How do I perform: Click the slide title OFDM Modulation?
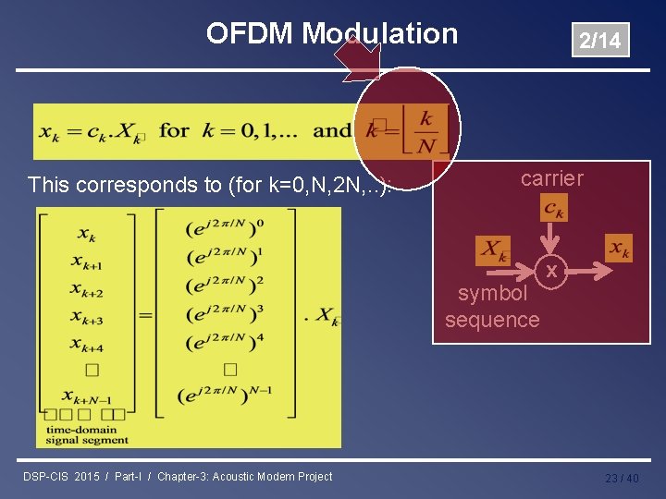point(331,34)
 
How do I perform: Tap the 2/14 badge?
point(599,40)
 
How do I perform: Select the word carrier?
point(552,178)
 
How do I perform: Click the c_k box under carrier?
point(554,208)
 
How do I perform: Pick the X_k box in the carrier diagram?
point(493,250)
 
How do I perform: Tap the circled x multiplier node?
point(551,271)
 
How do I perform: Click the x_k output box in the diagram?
point(619,248)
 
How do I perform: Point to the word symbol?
point(493,294)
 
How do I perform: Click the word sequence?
point(492,320)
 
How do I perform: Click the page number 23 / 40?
point(622,478)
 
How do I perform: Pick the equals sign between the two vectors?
point(146,314)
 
